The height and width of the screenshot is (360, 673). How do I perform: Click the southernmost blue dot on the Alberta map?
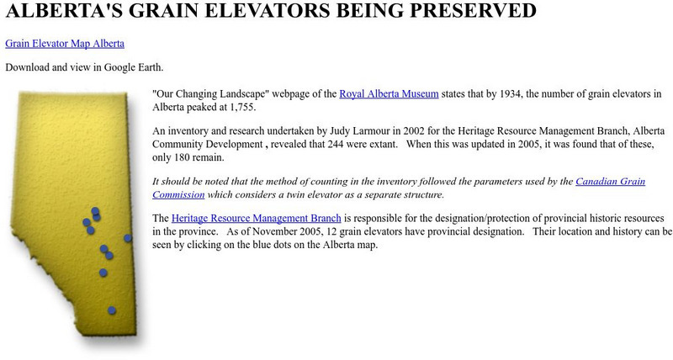pyautogui.click(x=111, y=311)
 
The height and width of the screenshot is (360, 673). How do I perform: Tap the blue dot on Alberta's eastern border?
pyautogui.click(x=128, y=238)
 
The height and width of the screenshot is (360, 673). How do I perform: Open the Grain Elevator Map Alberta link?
pyautogui.click(x=65, y=43)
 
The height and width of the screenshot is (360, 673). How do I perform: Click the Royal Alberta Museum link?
pyautogui.click(x=389, y=94)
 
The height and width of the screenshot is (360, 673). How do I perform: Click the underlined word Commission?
pyautogui.click(x=179, y=194)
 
